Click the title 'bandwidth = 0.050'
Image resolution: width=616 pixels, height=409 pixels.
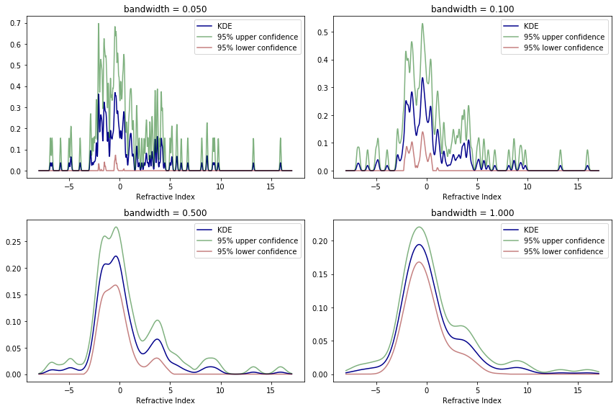click(165, 9)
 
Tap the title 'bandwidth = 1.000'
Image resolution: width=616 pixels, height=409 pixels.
click(472, 212)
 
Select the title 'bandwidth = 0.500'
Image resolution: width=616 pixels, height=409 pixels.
click(165, 212)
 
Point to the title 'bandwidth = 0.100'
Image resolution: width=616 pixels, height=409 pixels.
click(472, 9)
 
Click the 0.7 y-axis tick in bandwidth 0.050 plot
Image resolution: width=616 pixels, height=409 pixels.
click(16, 23)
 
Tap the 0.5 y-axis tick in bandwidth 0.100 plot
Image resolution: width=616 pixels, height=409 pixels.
click(322, 32)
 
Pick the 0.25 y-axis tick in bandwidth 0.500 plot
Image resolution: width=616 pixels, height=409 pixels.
click(14, 242)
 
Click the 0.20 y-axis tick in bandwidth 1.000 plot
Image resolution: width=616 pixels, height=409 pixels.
click(320, 241)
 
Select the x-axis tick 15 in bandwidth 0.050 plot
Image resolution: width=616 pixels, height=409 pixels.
click(271, 186)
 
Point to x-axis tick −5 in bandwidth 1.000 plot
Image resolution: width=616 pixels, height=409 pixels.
click(376, 390)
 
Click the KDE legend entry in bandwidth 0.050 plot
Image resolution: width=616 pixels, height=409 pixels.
click(214, 26)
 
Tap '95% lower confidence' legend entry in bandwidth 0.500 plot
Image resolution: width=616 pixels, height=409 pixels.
click(247, 252)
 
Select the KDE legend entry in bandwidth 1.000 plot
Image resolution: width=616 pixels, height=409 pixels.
click(521, 230)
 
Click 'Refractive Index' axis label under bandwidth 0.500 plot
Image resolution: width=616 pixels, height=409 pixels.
click(166, 400)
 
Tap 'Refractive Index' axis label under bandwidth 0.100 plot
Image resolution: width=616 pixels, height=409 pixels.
click(472, 197)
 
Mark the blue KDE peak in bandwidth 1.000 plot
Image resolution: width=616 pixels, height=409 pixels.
click(419, 245)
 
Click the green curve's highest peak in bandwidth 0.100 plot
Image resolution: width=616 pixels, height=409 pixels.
click(422, 24)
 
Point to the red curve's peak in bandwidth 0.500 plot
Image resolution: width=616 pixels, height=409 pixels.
click(116, 285)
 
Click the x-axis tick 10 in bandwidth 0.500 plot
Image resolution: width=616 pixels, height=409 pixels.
click(220, 390)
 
